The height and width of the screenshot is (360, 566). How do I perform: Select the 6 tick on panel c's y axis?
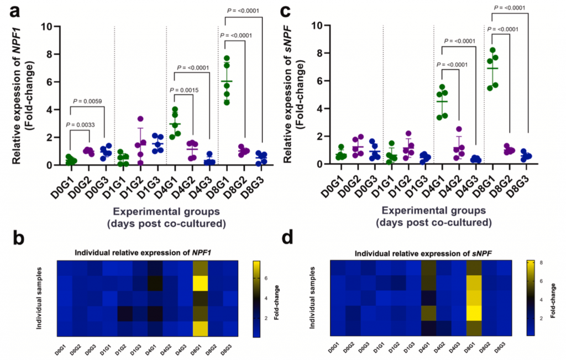320,81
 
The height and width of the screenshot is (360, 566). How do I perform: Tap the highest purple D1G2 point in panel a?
141,119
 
